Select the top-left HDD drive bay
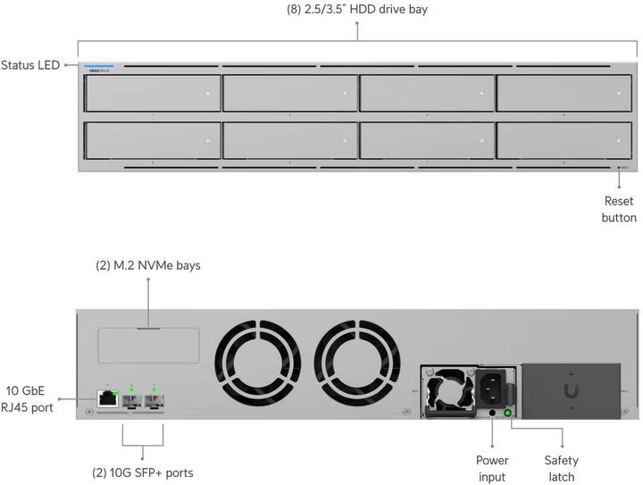pos(152,93)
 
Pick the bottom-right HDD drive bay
pos(567,140)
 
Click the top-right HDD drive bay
pos(567,93)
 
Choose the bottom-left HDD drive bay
pos(152,140)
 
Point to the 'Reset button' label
pos(620,209)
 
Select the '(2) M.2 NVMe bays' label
pos(148,265)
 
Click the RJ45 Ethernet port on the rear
pos(107,398)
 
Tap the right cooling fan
pos(354,364)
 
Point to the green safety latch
pos(509,413)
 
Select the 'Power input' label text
pos(492,469)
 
